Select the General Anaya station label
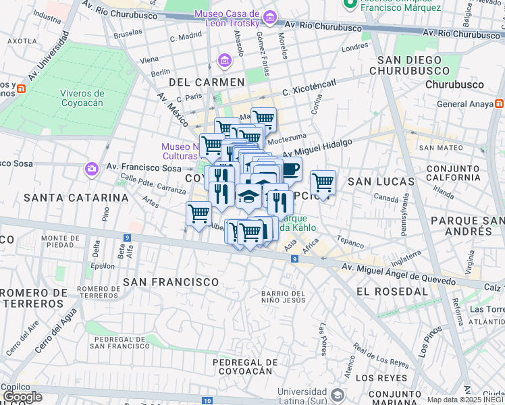464,104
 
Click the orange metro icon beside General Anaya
499,104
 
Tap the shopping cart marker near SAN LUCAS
323,182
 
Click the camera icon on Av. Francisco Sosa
91,168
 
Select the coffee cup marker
290,169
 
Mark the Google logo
22,397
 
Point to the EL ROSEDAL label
392,292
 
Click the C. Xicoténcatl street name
309,87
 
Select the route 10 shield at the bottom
206,401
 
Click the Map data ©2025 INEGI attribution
465,400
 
